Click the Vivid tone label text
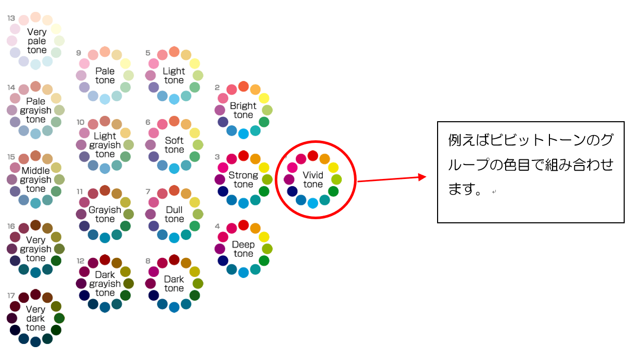click(313, 179)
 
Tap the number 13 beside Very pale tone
click(11, 18)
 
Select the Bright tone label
click(243, 110)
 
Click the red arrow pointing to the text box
click(392, 178)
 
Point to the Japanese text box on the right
click(530, 172)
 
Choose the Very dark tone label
click(36, 318)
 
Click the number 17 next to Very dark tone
click(11, 296)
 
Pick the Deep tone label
click(243, 249)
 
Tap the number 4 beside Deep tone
click(218, 226)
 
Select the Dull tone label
click(174, 214)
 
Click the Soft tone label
click(174, 145)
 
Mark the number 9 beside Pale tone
click(79, 53)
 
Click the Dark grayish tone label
click(105, 284)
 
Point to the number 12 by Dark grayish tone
click(80, 260)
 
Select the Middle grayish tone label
click(36, 179)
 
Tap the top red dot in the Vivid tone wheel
click(313, 155)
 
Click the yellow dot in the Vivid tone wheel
click(333, 168)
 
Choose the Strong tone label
click(243, 179)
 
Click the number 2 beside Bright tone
click(218, 87)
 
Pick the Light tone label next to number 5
click(174, 75)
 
